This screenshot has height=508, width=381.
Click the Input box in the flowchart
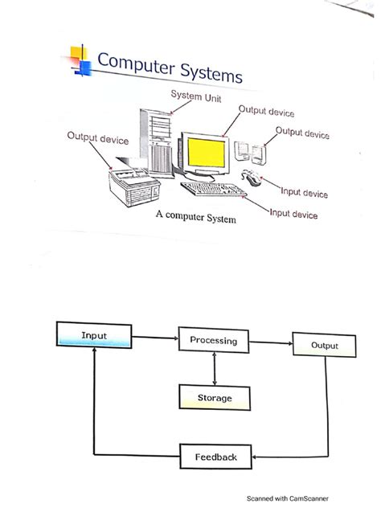pyautogui.click(x=94, y=334)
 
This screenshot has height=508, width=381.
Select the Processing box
pyautogui.click(x=213, y=341)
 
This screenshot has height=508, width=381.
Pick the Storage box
pyautogui.click(x=215, y=398)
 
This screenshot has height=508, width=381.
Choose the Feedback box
pyautogui.click(x=215, y=457)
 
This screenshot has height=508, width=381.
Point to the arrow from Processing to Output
pyautogui.click(x=271, y=342)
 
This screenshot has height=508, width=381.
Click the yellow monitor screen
pyautogui.click(x=208, y=151)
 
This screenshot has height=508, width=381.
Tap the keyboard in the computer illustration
pyautogui.click(x=213, y=190)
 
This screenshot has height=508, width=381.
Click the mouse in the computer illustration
pyautogui.click(x=252, y=176)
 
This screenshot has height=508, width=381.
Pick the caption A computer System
pyautogui.click(x=197, y=217)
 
